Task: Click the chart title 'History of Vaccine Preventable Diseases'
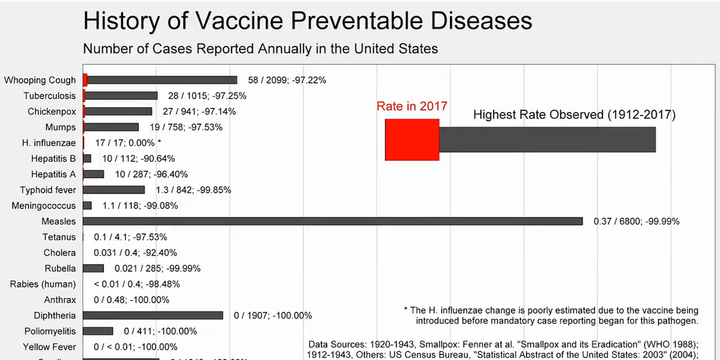click(x=307, y=21)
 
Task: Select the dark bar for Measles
click(x=333, y=221)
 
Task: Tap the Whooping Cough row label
click(x=40, y=80)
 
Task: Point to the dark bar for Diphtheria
click(x=153, y=316)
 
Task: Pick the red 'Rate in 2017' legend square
click(x=412, y=139)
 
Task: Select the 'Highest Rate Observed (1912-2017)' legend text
click(x=574, y=115)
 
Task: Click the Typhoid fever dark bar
click(x=114, y=190)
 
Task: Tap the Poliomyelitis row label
click(x=50, y=331)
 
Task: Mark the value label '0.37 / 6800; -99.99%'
click(x=636, y=221)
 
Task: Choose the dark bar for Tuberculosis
click(x=121, y=96)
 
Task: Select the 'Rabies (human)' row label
click(x=43, y=284)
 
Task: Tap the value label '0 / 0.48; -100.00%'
click(x=131, y=300)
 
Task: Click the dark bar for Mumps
click(x=112, y=127)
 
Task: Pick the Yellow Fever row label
click(x=49, y=347)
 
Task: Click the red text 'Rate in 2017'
click(x=412, y=106)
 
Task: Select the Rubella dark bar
click(x=94, y=269)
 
